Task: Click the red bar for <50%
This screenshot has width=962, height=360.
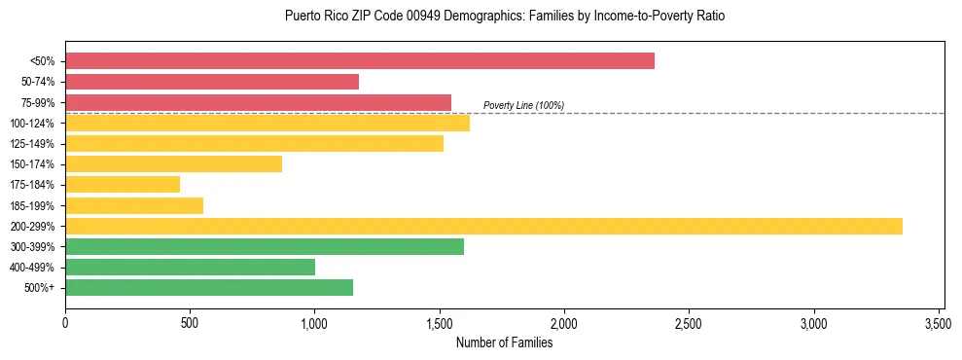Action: [x=360, y=61]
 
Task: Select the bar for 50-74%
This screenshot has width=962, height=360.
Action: [x=212, y=82]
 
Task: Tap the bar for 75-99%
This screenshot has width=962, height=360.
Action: [x=258, y=102]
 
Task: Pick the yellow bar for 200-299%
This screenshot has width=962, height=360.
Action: [x=483, y=226]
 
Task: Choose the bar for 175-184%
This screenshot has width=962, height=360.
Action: [x=123, y=185]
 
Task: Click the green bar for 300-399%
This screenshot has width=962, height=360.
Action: [x=265, y=246]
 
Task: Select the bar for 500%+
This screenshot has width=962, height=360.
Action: [x=209, y=287]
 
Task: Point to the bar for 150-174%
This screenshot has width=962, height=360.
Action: [x=173, y=164]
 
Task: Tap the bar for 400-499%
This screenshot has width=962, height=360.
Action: [x=190, y=267]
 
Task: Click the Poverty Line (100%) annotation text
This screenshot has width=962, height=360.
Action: [x=523, y=105]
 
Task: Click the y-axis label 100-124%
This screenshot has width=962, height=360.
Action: [x=31, y=124]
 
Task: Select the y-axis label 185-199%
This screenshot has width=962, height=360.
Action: [x=31, y=205]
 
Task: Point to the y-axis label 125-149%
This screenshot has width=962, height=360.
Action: [x=31, y=144]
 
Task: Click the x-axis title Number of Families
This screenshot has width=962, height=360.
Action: [x=504, y=342]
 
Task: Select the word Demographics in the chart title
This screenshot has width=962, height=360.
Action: [x=463, y=17]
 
